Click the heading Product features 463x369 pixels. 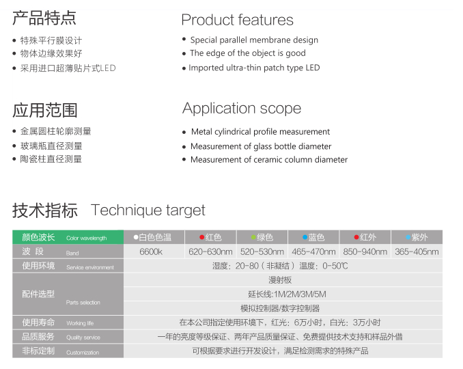237,20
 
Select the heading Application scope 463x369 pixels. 242,109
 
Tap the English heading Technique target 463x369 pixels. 148,210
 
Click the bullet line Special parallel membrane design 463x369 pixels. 254,40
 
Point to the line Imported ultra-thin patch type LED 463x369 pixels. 254,68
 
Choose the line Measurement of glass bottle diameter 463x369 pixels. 261,146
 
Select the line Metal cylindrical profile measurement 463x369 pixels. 260,131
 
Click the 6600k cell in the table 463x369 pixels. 151,251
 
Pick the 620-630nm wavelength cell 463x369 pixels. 210,251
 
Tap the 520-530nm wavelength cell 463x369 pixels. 262,251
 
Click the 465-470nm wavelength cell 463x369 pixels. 313,251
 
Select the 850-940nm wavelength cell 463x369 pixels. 365,251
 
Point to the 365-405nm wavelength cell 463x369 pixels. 417,251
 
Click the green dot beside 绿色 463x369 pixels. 253,237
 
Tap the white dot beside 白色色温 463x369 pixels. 136,237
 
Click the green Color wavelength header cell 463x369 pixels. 68,237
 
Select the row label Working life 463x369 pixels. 80,323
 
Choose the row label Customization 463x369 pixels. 83,353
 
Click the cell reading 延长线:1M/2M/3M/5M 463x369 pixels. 287,295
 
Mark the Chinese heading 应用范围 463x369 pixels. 45,110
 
